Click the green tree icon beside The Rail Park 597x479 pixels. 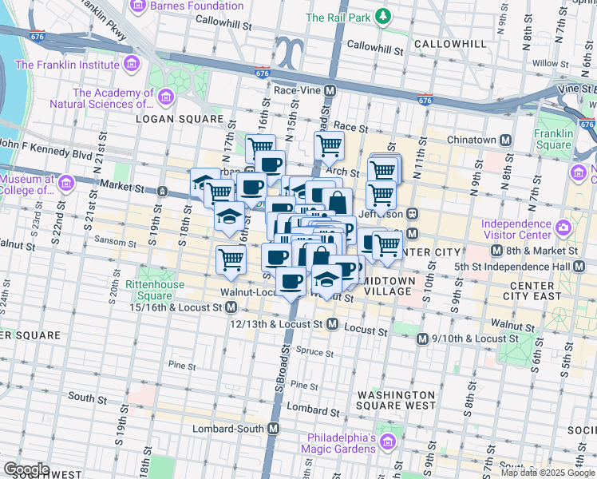coord(385,17)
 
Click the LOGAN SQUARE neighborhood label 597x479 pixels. coord(180,119)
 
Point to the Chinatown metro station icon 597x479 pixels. coord(505,140)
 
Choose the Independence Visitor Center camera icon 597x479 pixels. coord(565,228)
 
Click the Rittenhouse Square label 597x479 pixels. coord(155,290)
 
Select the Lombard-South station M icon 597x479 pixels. coord(274,429)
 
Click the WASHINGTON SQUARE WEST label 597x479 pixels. coord(396,400)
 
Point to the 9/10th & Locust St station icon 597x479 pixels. coord(424,338)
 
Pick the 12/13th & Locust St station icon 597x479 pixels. coord(333,325)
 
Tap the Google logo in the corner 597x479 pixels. coord(26,469)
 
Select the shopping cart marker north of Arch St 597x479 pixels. coord(329,145)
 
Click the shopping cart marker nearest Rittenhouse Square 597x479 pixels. coord(231,259)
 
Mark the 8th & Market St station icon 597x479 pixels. coord(496,252)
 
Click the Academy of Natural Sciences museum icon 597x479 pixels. coord(166,97)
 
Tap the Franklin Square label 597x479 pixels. coord(553,140)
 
